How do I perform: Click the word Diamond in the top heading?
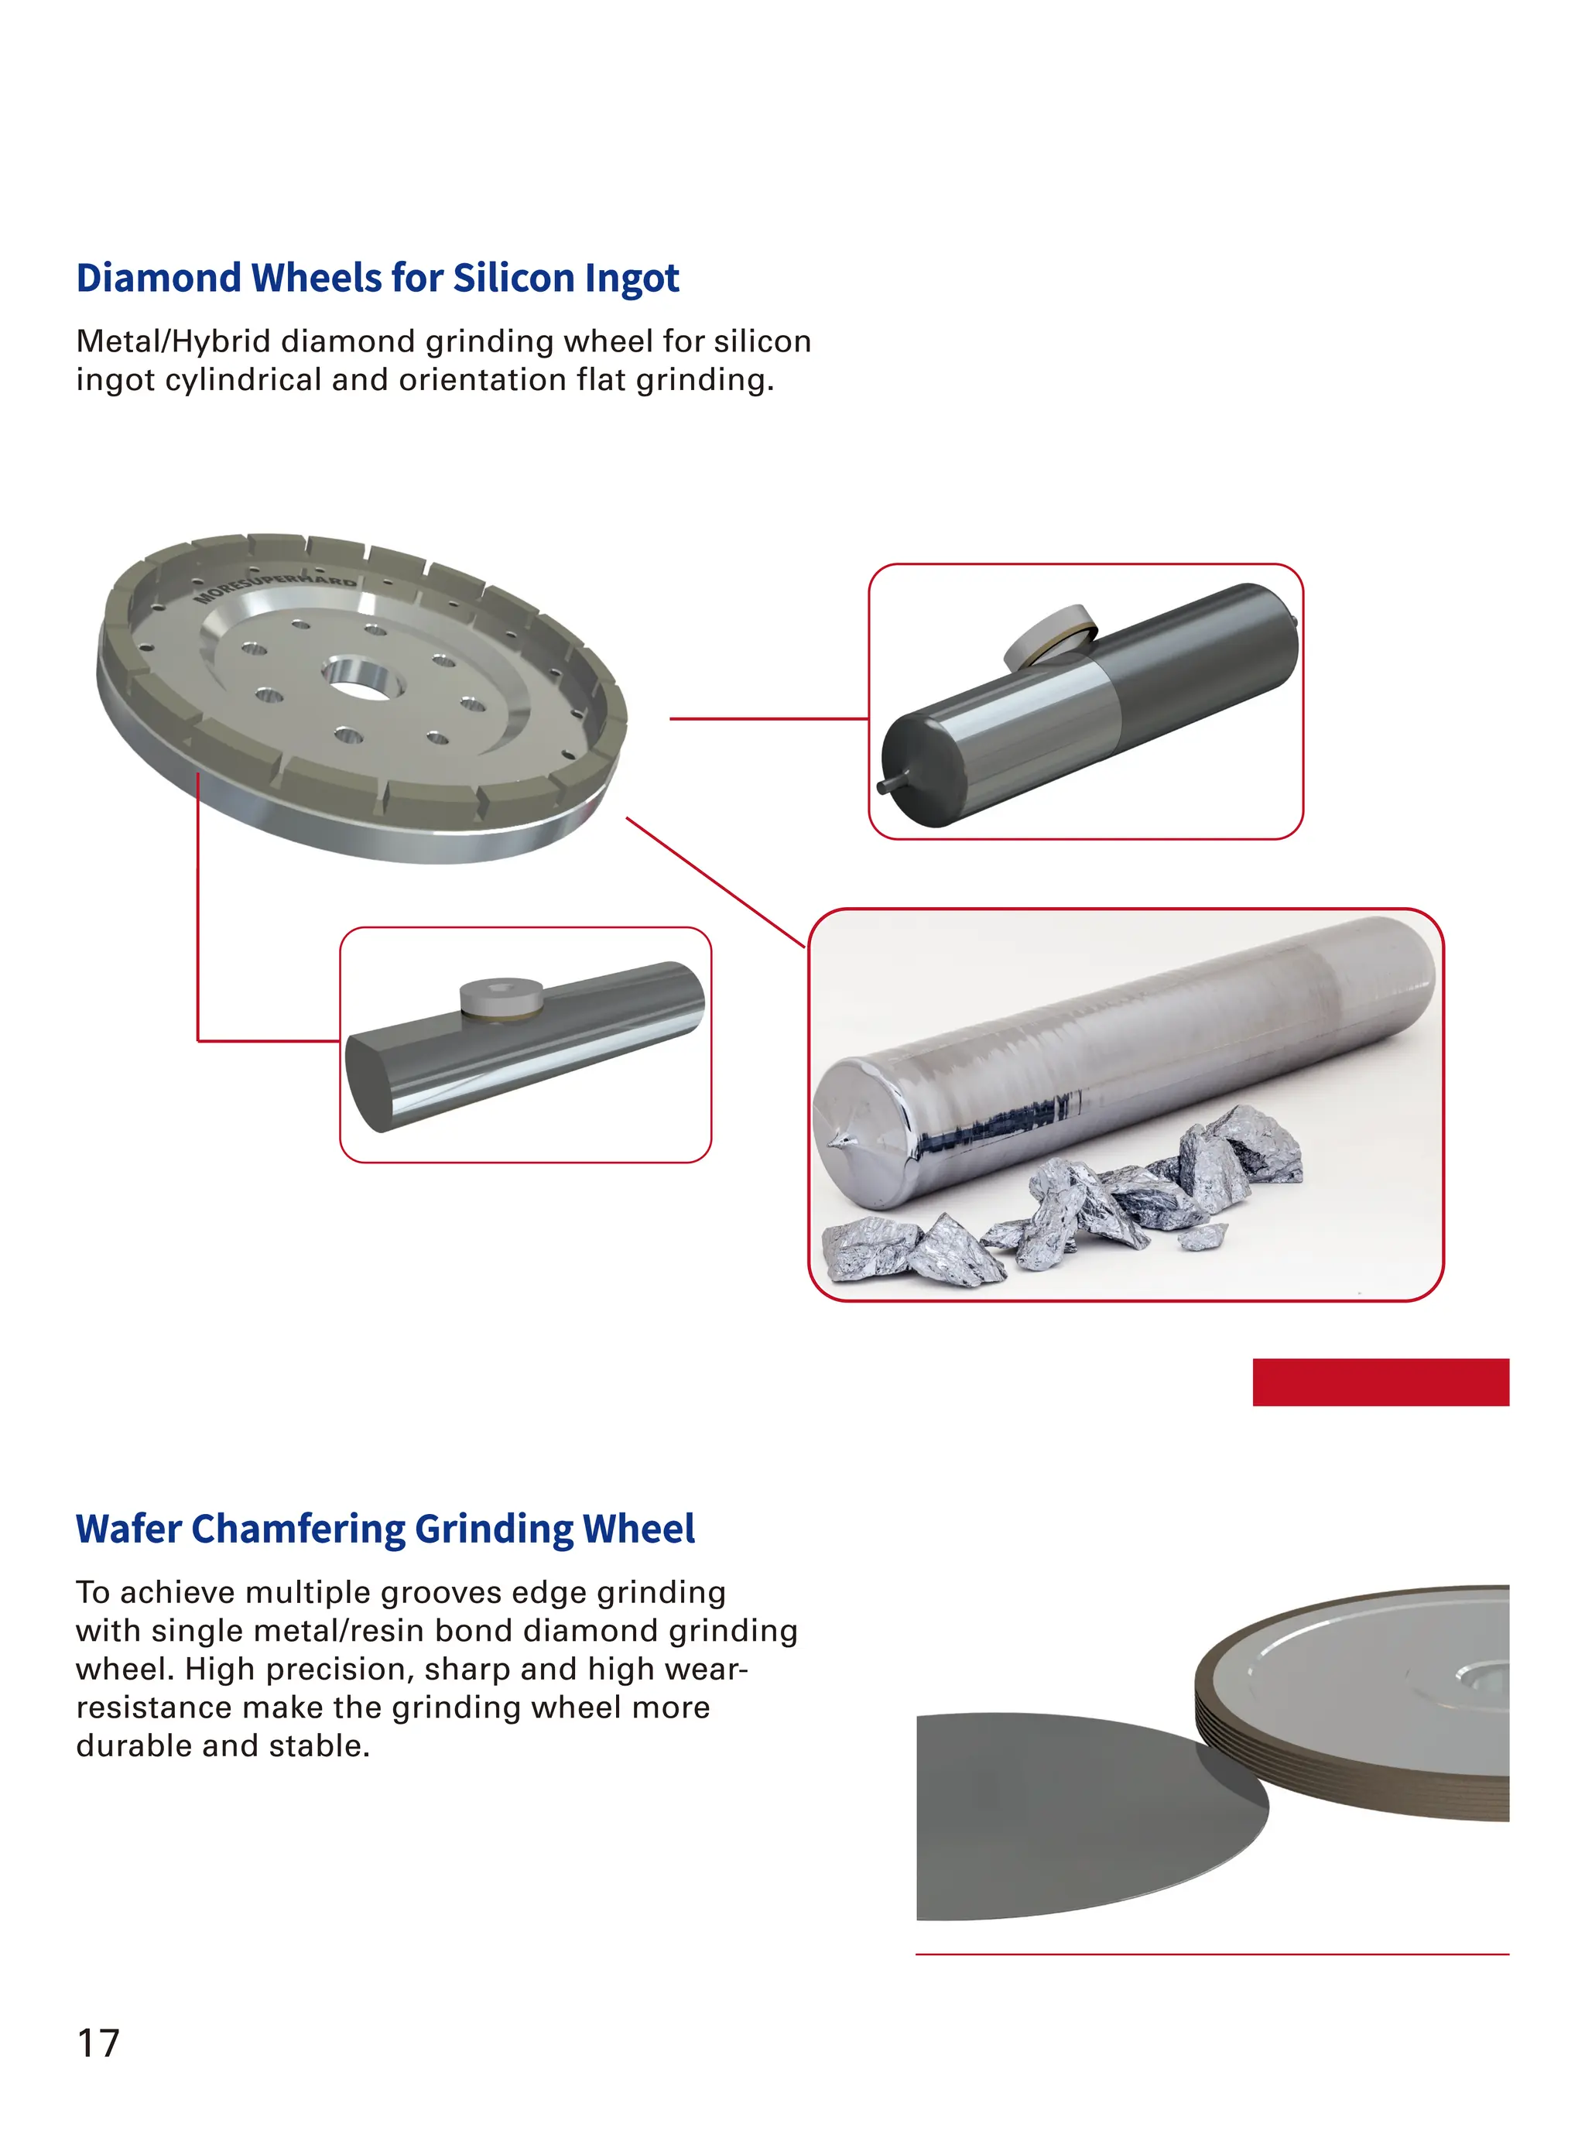click(159, 278)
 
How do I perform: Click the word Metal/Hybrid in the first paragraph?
click(173, 341)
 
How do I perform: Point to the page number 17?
click(98, 2044)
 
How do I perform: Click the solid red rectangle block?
click(1380, 1382)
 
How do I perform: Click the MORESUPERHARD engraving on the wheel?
click(276, 588)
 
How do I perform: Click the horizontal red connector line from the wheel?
click(768, 718)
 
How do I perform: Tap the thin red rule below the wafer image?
click(1211, 1954)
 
